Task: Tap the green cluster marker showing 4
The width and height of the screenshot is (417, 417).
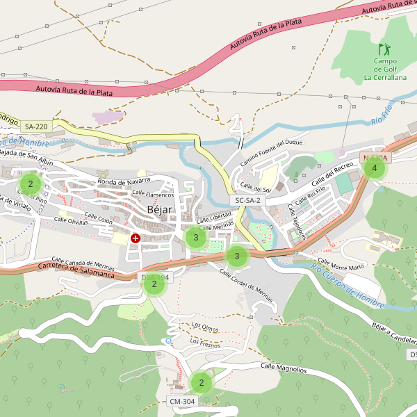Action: [x=375, y=168]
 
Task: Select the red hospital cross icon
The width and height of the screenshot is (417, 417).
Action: [x=136, y=238]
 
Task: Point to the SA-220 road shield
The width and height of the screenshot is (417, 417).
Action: [x=36, y=126]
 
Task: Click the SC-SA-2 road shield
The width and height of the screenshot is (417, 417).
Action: [x=247, y=200]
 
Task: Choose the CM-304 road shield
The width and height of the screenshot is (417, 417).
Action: [x=183, y=402]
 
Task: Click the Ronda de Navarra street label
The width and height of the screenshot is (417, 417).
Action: [x=124, y=181]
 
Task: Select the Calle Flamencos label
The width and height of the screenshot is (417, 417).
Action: [x=153, y=194]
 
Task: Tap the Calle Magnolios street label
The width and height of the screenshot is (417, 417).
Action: [x=283, y=367]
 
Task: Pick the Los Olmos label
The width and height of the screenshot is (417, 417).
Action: [x=205, y=326]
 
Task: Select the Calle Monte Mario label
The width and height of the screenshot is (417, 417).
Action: [x=337, y=267]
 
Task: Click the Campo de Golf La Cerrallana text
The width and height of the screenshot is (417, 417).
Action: [x=384, y=69]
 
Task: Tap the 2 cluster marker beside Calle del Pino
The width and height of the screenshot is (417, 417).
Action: [x=31, y=184]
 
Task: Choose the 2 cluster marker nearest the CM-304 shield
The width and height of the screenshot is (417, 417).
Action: [x=202, y=382]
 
